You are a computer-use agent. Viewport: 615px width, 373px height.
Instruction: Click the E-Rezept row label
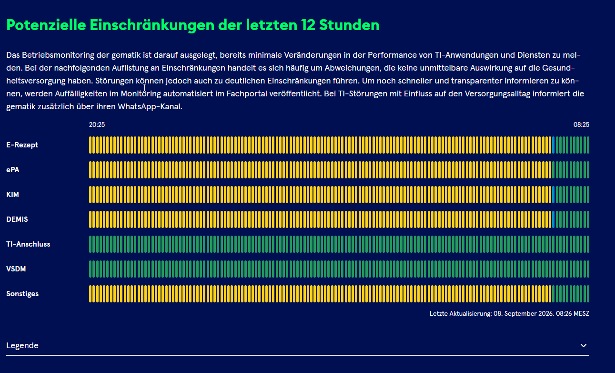pos(22,145)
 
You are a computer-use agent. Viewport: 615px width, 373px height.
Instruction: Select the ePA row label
pos(13,170)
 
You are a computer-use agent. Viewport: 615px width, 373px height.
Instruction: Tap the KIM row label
pos(13,194)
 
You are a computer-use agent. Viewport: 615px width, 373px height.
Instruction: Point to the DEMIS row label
pos(17,219)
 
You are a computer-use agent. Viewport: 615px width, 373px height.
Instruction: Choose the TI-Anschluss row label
pos(28,244)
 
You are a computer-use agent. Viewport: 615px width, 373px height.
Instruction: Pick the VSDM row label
pos(16,269)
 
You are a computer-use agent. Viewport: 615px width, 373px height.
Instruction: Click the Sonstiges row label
pos(22,294)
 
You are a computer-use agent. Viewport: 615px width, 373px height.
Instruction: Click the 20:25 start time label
pos(97,124)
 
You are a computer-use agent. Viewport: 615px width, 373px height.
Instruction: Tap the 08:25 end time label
pos(581,124)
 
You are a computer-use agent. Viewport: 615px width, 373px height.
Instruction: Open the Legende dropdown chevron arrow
pos(584,345)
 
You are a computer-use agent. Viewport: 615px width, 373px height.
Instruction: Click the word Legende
pos(22,345)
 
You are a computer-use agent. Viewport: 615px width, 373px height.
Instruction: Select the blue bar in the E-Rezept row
pos(554,145)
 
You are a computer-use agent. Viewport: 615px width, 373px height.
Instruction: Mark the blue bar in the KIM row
pos(554,194)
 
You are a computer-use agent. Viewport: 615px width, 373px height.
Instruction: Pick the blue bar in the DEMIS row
pos(554,219)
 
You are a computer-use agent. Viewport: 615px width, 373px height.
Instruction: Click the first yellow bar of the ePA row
pos(91,170)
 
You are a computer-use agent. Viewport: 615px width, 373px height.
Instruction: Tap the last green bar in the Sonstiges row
pos(588,294)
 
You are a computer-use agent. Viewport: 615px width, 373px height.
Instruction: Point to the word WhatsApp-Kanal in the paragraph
pos(150,107)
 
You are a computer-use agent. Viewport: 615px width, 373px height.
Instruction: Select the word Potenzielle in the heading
pos(46,25)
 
